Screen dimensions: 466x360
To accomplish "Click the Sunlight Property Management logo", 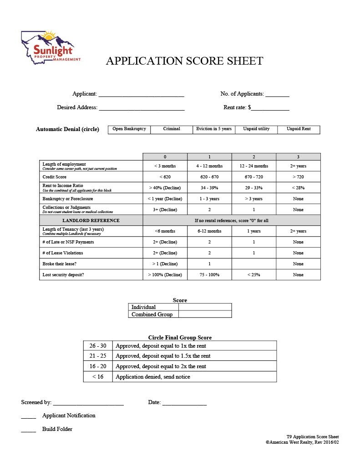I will (51, 47).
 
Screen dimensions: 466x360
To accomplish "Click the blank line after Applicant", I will (141, 95).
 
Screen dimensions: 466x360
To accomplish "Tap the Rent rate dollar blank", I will (270, 108).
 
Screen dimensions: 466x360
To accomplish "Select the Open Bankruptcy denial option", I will (129, 129).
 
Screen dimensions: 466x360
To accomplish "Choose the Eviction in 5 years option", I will (213, 129).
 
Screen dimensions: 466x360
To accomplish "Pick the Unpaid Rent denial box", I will (299, 129).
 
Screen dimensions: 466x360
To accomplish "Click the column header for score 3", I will (298, 157).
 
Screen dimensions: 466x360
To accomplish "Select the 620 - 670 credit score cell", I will (209, 177).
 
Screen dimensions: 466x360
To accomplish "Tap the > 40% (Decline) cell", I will (165, 187).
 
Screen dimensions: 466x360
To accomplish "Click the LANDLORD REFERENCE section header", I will (91, 220).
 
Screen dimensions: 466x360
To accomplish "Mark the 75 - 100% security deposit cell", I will (209, 275).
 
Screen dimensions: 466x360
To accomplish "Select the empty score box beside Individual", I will (205, 307).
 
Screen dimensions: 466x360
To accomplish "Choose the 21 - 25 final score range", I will (98, 356).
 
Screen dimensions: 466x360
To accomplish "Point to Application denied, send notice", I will (153, 377).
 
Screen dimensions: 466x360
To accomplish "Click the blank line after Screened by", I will (88, 403).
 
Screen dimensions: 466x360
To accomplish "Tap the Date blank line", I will (184, 403).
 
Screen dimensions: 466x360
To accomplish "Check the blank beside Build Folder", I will (28, 430).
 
